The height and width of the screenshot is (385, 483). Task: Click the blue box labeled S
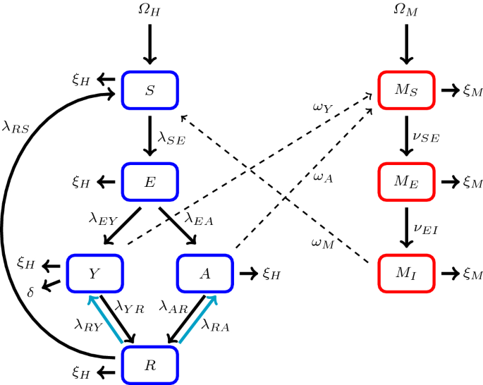150,90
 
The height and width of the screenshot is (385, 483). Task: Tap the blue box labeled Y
95,272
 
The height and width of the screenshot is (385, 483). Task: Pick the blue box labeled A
204,272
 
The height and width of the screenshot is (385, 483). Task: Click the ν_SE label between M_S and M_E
426,137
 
